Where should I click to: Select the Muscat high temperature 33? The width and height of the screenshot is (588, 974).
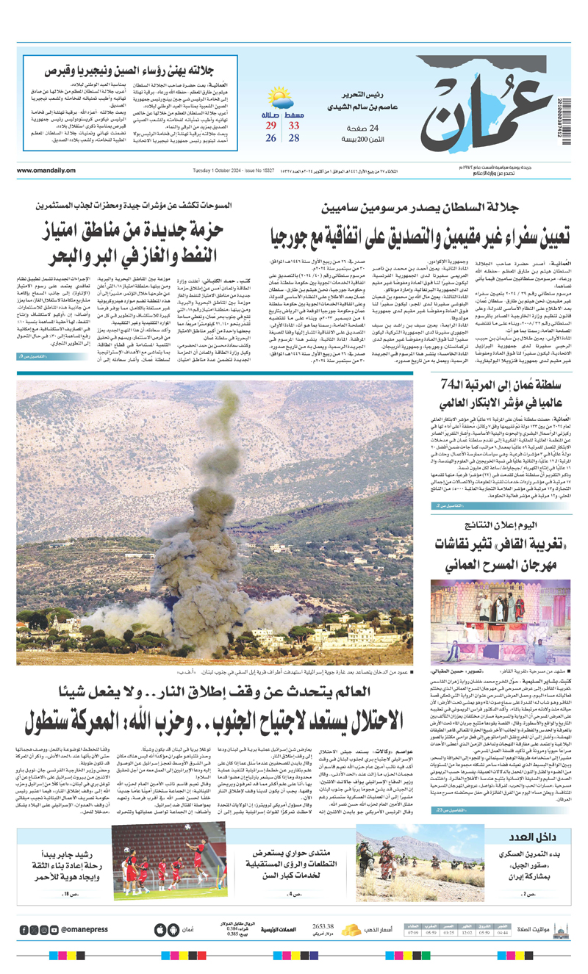(294, 126)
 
